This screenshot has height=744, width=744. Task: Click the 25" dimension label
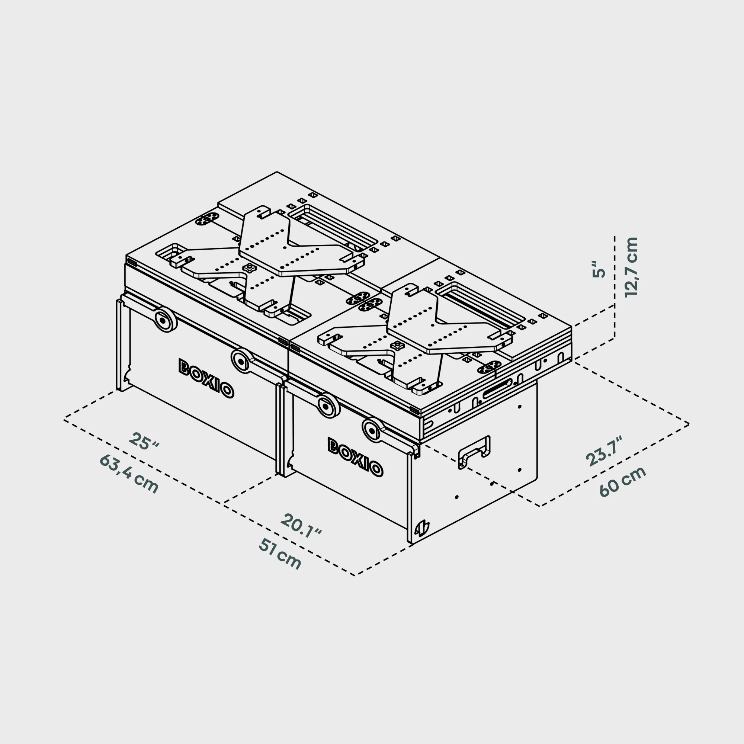[x=144, y=442]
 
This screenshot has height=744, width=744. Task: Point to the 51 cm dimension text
[x=280, y=554]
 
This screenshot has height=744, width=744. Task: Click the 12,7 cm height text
[x=631, y=267]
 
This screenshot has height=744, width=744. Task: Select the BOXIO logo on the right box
[x=355, y=457]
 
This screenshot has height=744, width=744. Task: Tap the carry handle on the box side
[x=474, y=452]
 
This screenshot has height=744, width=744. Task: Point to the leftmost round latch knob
[x=165, y=320]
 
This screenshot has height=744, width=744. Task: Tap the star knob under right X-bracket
[x=397, y=346]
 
